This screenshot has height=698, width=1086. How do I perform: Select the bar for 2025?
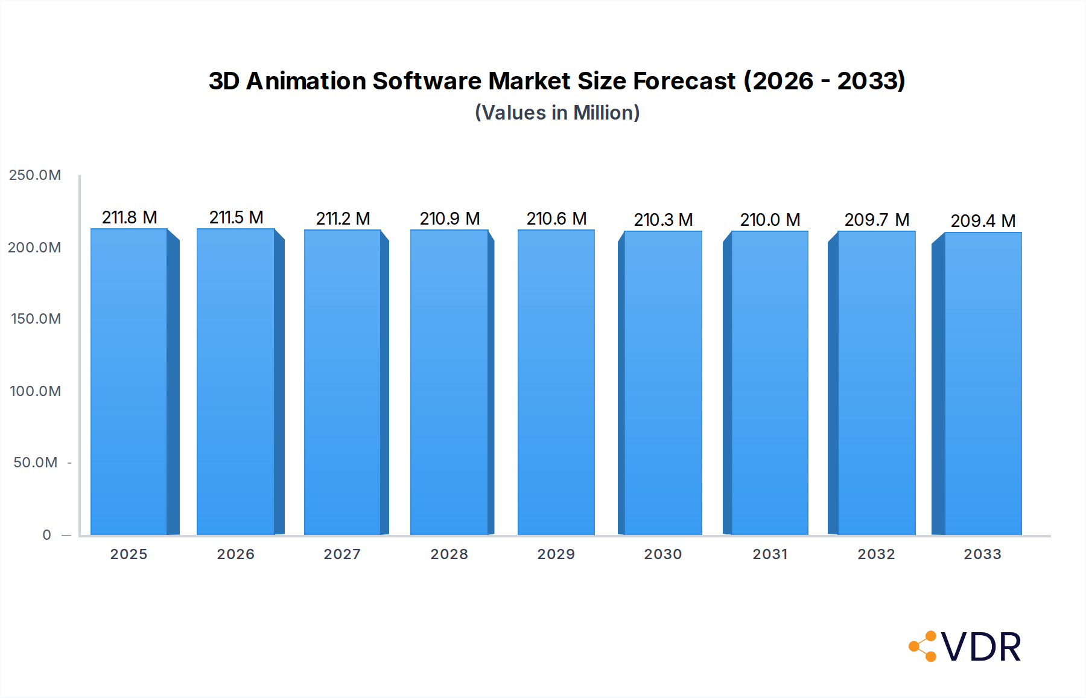tap(129, 382)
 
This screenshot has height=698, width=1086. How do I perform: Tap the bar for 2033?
tap(983, 383)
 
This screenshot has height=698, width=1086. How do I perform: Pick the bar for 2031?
tap(770, 383)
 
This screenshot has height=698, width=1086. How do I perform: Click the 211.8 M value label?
tap(129, 217)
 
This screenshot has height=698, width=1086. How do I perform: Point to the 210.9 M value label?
tap(449, 219)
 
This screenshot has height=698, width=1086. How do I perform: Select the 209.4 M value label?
tap(983, 221)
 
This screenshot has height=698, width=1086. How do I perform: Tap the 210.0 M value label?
tap(770, 220)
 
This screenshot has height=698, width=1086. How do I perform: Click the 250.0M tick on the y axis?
tap(35, 175)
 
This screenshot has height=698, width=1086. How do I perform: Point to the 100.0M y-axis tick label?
tap(35, 391)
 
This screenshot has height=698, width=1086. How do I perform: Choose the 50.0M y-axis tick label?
tap(36, 463)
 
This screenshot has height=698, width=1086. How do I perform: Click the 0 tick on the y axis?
tap(47, 535)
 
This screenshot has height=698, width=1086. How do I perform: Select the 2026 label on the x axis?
tap(236, 554)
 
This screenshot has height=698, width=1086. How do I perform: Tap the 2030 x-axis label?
tap(663, 554)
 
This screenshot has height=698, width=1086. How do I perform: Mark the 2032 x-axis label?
tap(877, 554)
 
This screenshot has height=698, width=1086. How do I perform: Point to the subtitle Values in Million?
tap(557, 113)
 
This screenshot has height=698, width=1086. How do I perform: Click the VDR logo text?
tap(981, 647)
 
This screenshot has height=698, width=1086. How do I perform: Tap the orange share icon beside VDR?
tap(923, 646)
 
